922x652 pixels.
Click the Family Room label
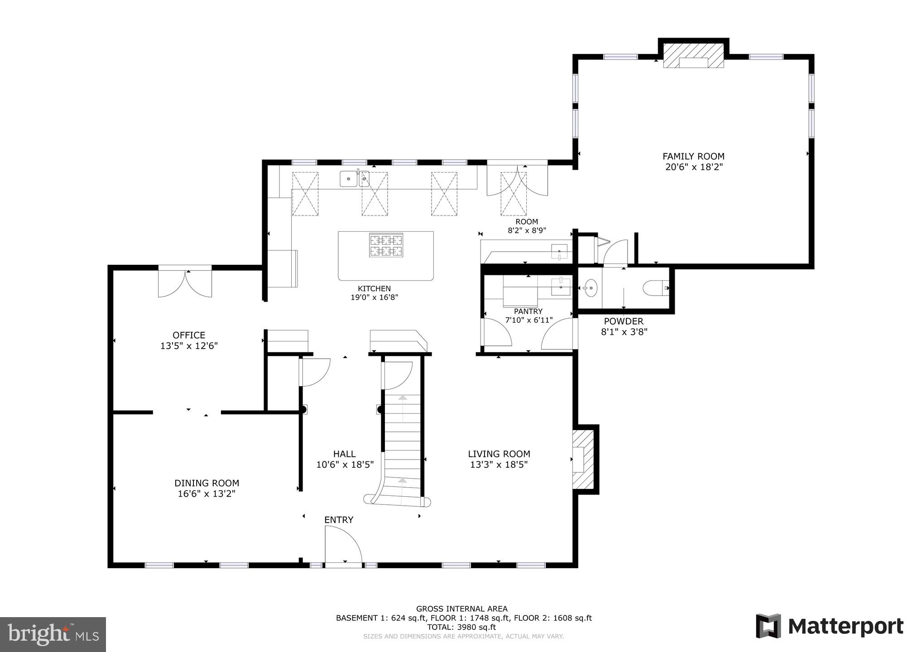693,157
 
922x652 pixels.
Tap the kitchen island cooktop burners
386,245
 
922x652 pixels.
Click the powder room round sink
591,288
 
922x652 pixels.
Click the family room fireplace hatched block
693,56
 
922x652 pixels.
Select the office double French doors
185,283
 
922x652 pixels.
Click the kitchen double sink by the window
355,179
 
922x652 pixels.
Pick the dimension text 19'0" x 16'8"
374,297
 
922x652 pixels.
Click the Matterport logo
830,627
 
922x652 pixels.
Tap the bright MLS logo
53,634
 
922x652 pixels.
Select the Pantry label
528,312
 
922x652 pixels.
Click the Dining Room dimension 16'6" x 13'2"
206,494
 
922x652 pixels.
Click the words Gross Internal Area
461,609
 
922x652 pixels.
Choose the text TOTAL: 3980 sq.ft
461,627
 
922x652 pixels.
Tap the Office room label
189,335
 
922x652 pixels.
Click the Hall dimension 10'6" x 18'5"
345,464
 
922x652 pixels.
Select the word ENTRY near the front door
339,520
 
